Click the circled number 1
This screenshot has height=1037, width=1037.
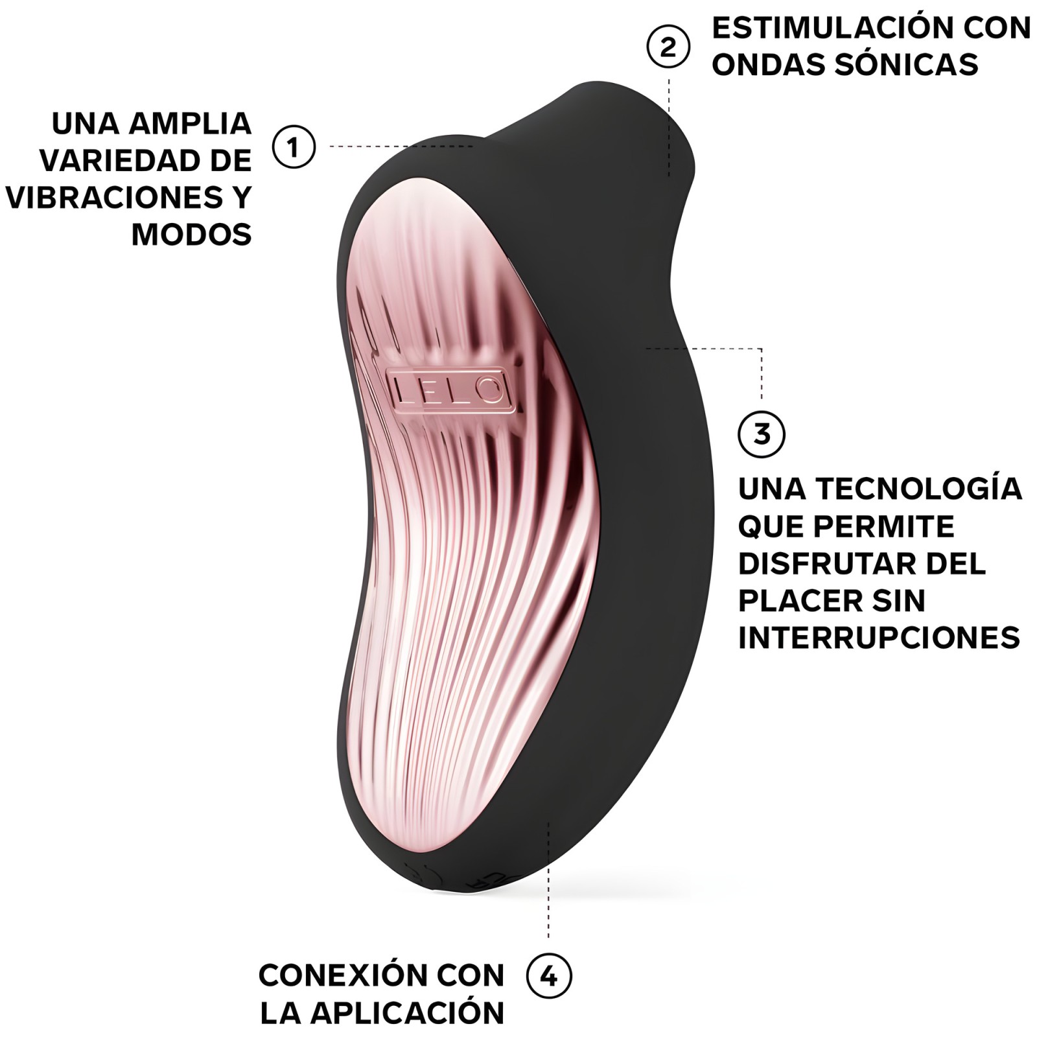[294, 146]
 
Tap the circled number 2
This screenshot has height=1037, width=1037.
[668, 47]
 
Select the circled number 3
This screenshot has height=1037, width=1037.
[762, 434]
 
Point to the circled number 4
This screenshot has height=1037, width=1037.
[549, 975]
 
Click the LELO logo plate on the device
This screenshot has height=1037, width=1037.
[448, 390]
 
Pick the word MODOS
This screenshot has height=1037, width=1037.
[191, 234]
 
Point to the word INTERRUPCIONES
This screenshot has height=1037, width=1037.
[879, 638]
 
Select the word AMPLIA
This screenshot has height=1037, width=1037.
[190, 124]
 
